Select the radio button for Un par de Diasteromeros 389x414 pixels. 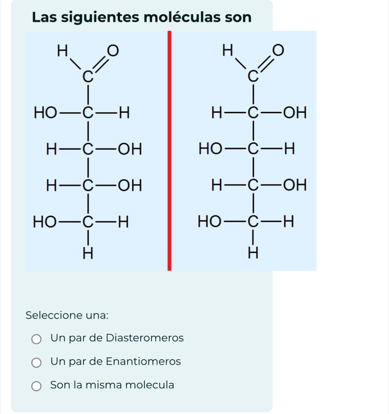[x=36, y=339]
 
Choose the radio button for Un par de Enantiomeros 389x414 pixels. [x=36, y=363]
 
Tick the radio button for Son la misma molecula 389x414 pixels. [x=36, y=386]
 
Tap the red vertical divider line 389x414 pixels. [x=169, y=151]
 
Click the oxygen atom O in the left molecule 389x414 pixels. [x=113, y=51]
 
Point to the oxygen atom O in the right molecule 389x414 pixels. [x=278, y=50]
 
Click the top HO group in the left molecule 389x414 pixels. [x=45, y=113]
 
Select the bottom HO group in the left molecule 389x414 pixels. [x=45, y=221]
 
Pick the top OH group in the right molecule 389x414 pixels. [x=295, y=113]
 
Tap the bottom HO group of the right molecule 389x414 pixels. [x=210, y=221]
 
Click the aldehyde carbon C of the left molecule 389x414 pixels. [x=88, y=77]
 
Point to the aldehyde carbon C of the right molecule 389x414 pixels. [x=253, y=76]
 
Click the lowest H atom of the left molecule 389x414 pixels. [x=88, y=254]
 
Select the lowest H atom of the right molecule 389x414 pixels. [x=253, y=253]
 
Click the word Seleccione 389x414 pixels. [x=54, y=315]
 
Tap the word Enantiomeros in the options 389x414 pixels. [x=143, y=361]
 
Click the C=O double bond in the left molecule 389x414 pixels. [x=100, y=65]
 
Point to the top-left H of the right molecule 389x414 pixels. [x=228, y=50]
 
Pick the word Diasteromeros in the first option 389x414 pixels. [x=145, y=338]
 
